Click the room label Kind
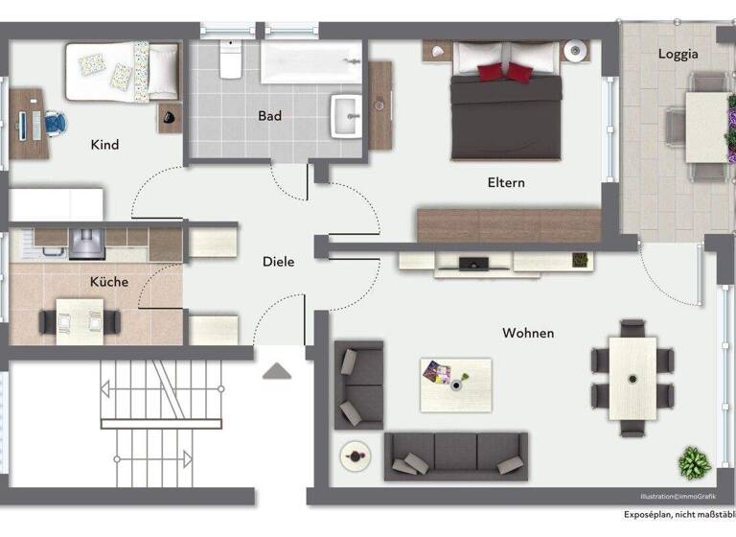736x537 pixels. coord(104,145)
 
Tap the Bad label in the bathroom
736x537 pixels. coord(270,116)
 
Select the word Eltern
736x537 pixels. coord(506,182)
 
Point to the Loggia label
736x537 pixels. coord(678,54)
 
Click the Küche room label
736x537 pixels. coord(108,282)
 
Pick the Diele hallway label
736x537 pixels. coord(279,261)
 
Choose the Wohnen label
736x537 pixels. coord(527,333)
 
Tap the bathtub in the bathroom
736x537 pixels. coord(310,62)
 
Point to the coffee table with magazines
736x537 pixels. coord(455,384)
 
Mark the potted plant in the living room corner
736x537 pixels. coord(693,463)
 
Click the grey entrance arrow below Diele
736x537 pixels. coord(276,370)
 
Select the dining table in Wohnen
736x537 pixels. coord(632,378)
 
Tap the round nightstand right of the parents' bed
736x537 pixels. coord(576,49)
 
